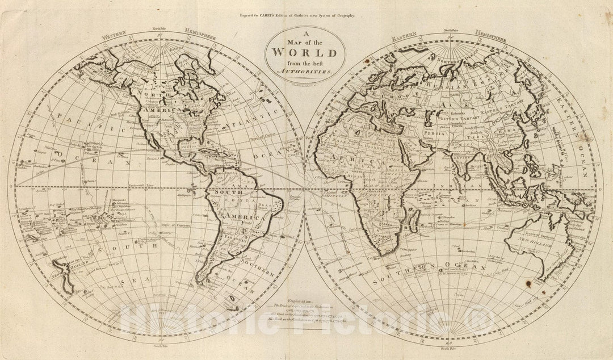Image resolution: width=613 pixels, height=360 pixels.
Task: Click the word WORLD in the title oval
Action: pyautogui.click(x=306, y=54)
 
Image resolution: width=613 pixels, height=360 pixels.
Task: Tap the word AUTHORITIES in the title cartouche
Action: pyautogui.click(x=306, y=73)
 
